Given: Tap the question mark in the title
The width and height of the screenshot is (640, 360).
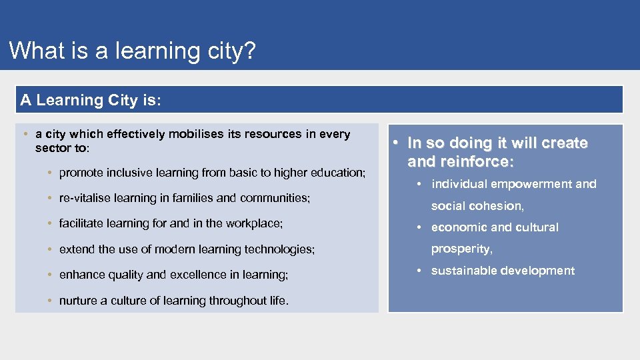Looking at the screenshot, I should pyautogui.click(x=249, y=51).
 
